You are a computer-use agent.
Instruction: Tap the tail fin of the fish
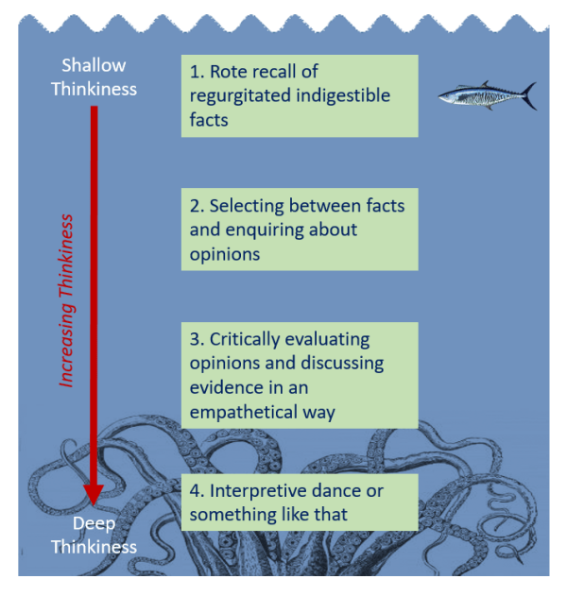pyautogui.click(x=528, y=95)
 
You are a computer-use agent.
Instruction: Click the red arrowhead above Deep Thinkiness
pyautogui.click(x=93, y=493)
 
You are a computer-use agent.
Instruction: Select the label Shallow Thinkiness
pyautogui.click(x=94, y=77)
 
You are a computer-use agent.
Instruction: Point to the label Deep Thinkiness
pyautogui.click(x=94, y=535)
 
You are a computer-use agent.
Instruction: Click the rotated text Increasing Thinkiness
pyautogui.click(x=67, y=300)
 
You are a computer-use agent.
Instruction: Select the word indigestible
pyautogui.click(x=342, y=95)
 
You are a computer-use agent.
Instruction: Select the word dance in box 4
pyautogui.click(x=337, y=490)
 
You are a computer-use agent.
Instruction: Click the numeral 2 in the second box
pyautogui.click(x=194, y=205)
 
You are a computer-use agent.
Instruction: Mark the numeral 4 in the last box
pyautogui.click(x=194, y=490)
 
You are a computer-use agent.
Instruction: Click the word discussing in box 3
pyautogui.click(x=338, y=364)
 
